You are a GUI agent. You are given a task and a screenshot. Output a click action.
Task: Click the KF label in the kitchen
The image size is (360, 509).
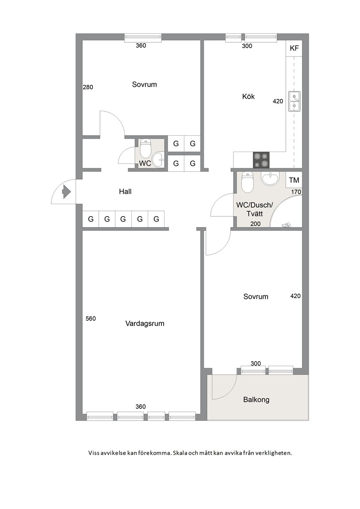coord(294,48)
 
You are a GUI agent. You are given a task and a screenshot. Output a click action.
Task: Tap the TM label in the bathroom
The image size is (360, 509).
coord(294,180)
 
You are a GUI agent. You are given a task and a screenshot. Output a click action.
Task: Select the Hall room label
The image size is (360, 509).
coord(125,191)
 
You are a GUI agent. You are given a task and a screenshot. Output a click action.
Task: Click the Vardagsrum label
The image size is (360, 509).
coord(145,323)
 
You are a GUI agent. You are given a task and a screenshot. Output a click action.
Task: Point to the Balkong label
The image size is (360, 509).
coord(257,399)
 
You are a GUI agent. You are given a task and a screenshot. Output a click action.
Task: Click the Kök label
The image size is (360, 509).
coord(249,96)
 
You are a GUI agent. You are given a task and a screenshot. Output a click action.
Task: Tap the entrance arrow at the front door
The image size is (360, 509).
coord(67,191)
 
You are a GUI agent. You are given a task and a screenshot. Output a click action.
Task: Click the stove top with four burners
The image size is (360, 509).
coord(261,160)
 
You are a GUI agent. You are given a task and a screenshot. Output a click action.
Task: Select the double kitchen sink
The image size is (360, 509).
coord(295,102)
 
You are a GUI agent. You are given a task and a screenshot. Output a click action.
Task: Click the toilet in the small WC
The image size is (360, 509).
coord(145,148)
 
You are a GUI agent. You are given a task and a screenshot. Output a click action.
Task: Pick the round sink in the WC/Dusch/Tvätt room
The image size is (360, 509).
coord(270,178)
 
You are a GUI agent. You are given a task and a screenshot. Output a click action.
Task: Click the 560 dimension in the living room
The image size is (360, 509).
coord(91,319)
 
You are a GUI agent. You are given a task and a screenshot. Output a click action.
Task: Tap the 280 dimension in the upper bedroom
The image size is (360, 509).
coord(88,87)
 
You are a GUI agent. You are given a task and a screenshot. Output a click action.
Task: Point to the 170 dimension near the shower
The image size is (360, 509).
coord(296,192)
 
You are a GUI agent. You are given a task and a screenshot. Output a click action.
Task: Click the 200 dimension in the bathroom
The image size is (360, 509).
coord(255,224)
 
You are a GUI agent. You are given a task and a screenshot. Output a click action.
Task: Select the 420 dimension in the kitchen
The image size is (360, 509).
coord(278,101)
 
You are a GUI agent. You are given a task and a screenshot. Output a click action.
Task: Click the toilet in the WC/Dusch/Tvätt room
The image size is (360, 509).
coord(248,182)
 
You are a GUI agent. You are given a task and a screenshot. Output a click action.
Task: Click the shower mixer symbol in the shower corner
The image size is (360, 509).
coord(286,224)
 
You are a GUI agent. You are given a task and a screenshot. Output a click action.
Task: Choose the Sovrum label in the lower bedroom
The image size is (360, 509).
coord(256,296)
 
